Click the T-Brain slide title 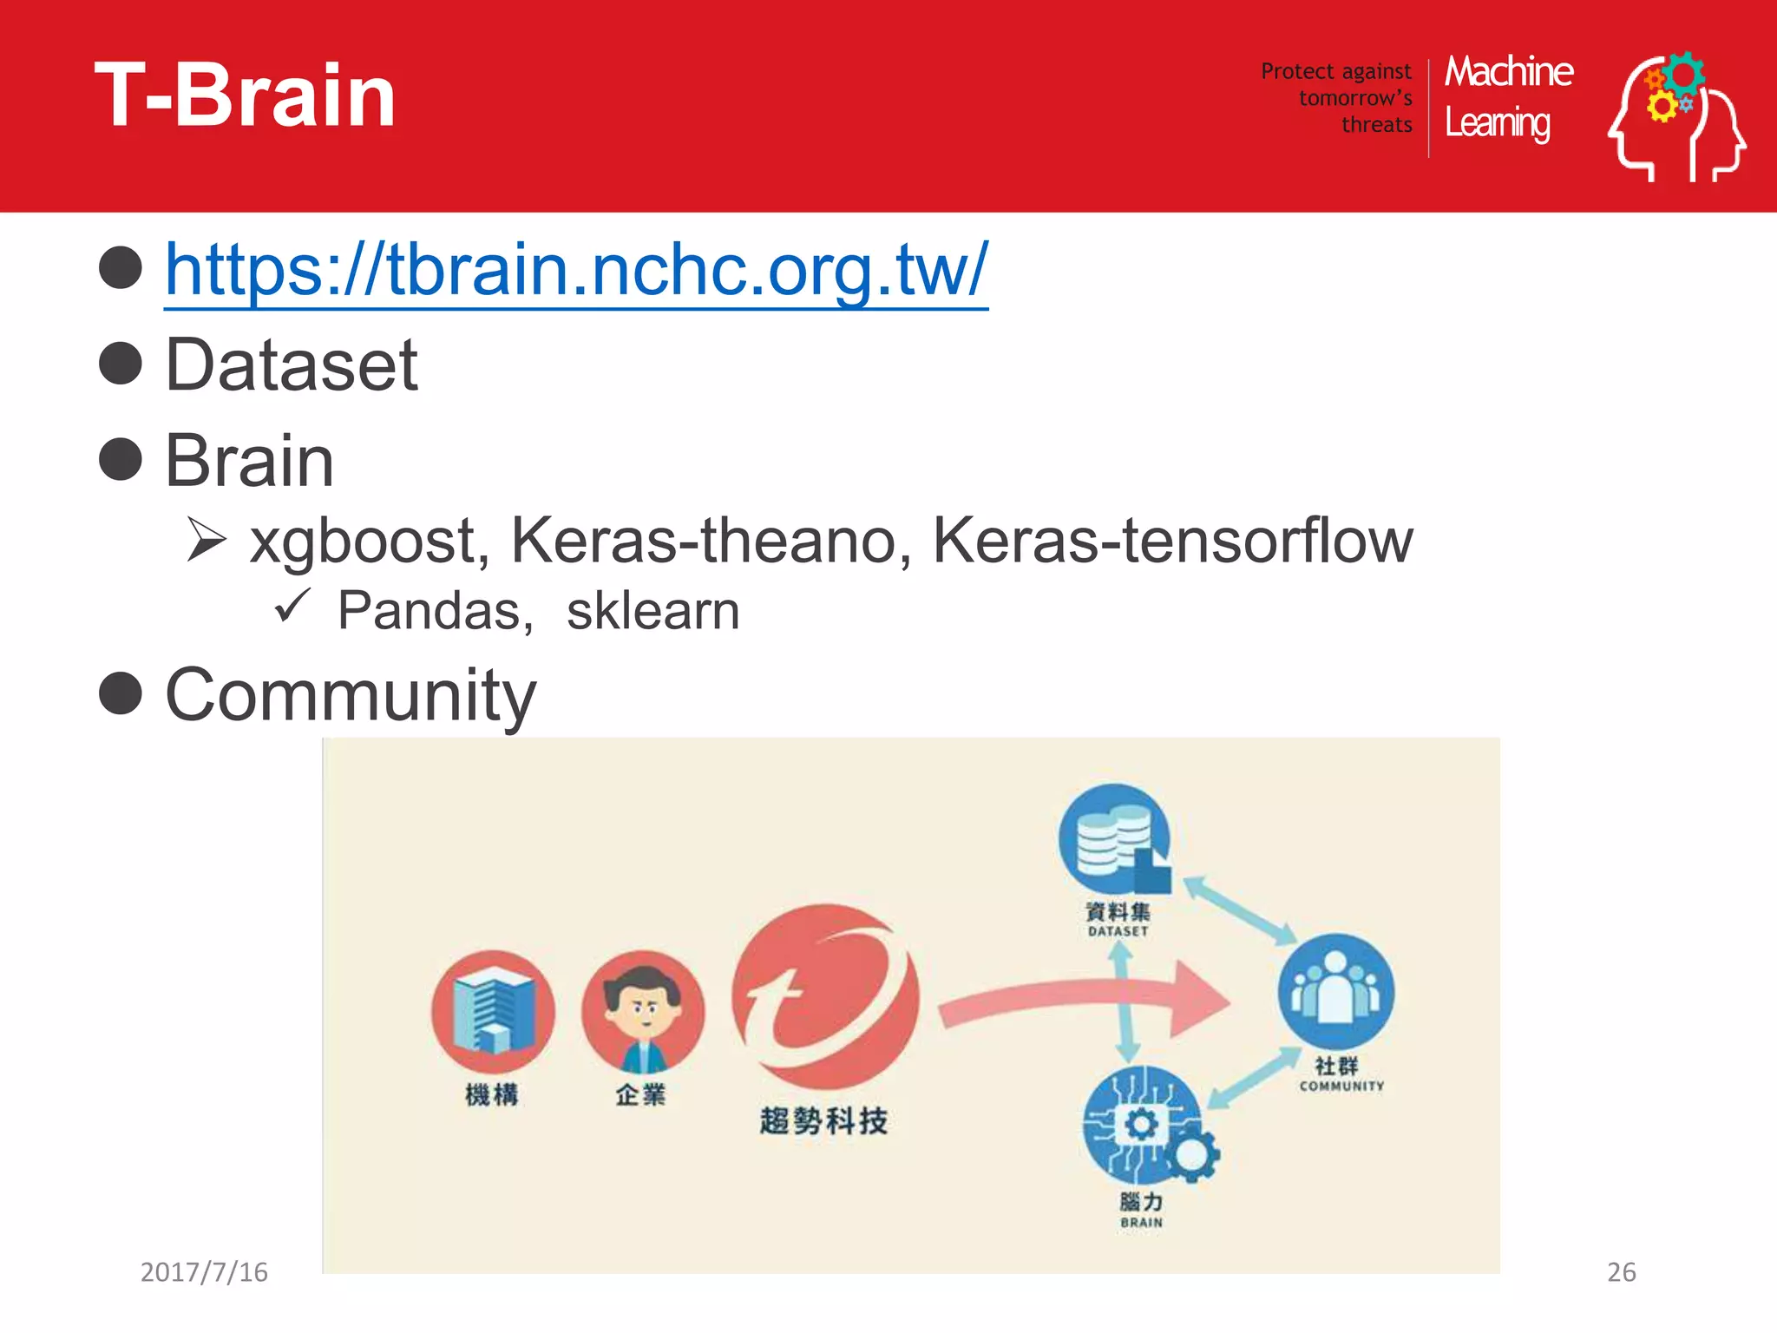245,95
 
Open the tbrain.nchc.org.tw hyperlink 576,270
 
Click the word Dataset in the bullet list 292,365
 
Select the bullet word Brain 249,461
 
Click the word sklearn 652,611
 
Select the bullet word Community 351,695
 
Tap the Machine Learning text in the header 1508,97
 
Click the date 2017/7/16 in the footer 204,1272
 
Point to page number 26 1621,1272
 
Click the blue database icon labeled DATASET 1115,839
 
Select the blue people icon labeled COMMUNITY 1335,991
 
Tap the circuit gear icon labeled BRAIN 1144,1126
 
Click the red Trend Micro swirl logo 824,996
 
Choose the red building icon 492,1012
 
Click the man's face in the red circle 643,1007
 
